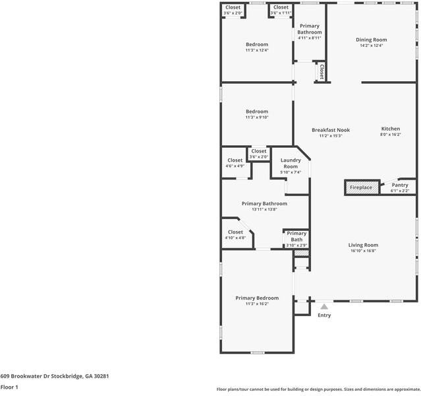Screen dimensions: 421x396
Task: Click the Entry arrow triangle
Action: click(324, 306)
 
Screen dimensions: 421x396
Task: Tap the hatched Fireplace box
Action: click(362, 187)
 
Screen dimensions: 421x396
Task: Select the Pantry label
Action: click(400, 185)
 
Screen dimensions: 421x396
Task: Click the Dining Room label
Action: click(372, 40)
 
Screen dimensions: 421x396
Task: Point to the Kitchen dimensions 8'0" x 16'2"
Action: click(391, 134)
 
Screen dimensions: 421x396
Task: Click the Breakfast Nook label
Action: click(331, 130)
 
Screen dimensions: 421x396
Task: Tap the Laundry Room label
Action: click(291, 163)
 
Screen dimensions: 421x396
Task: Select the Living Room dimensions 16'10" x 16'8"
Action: click(363, 251)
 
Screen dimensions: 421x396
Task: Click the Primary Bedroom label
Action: click(257, 298)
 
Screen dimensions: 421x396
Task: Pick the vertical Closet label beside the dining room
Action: click(322, 72)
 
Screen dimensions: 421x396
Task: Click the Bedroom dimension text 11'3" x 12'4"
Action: click(257, 50)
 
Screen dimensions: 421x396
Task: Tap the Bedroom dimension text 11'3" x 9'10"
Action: click(257, 117)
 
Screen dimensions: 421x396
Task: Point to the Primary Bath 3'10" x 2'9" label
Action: click(296, 239)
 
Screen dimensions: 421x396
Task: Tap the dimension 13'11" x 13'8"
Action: click(264, 209)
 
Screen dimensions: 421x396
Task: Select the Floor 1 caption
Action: click(9, 387)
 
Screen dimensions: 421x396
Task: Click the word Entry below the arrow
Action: click(324, 315)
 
